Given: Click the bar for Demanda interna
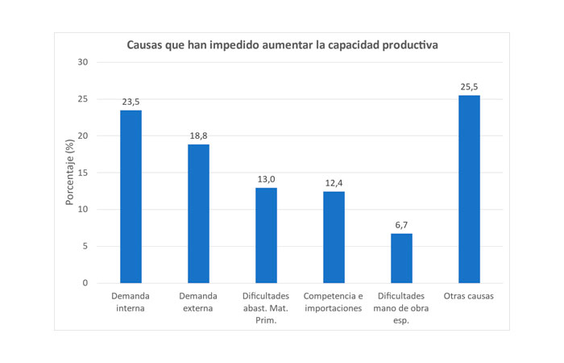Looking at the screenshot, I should point(131,197).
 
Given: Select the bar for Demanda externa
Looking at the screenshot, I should point(198,214).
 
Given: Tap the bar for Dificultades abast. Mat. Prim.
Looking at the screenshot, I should point(266,236).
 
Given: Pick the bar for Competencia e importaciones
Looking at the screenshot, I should point(334,237).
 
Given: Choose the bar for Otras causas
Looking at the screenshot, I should point(469,190).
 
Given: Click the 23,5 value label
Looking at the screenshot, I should point(131,102).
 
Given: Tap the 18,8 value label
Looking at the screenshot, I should point(198,136).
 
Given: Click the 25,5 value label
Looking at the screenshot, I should point(469,87).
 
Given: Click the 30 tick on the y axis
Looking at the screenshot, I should point(83,62).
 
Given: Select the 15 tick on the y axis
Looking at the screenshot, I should point(83,173).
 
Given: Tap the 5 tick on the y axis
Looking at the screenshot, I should point(85,247).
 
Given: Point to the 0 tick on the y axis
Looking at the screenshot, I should point(85,283).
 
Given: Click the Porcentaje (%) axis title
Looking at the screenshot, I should point(70,173).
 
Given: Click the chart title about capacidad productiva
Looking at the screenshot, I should point(282,45).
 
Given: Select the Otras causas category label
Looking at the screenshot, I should point(469,296).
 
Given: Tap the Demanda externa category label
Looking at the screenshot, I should point(198,302).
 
